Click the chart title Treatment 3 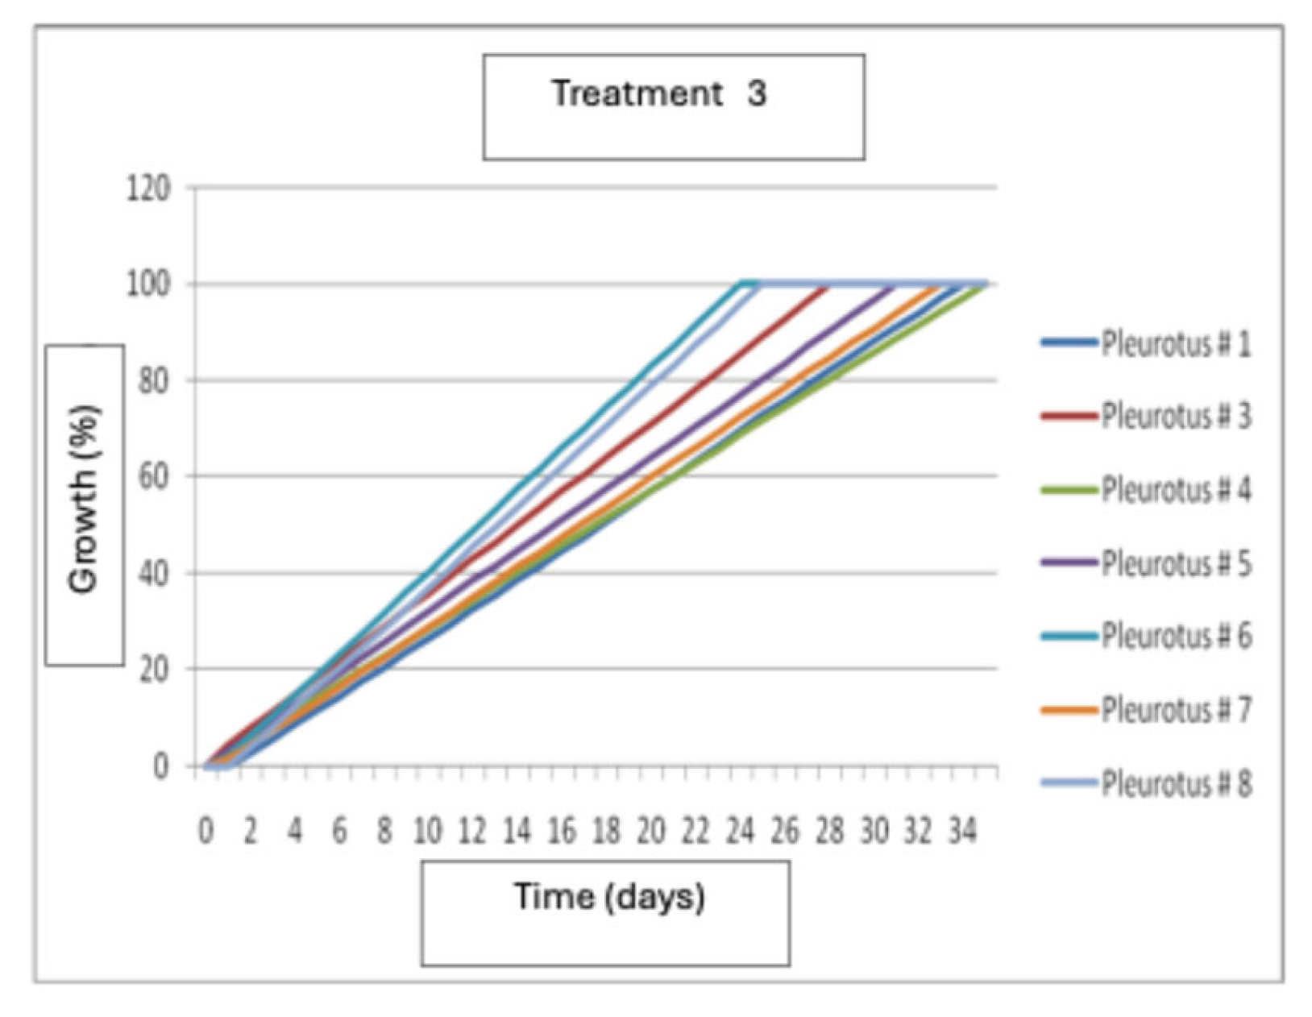[x=658, y=93]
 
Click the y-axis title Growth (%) [x=84, y=500]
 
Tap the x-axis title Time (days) [x=609, y=896]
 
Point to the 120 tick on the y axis [x=149, y=189]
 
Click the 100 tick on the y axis [x=149, y=284]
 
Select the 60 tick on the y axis [x=154, y=476]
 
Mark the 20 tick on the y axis [x=154, y=669]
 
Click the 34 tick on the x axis [x=961, y=830]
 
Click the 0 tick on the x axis [x=206, y=830]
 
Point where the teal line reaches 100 [x=740, y=284]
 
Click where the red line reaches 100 [x=828, y=284]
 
